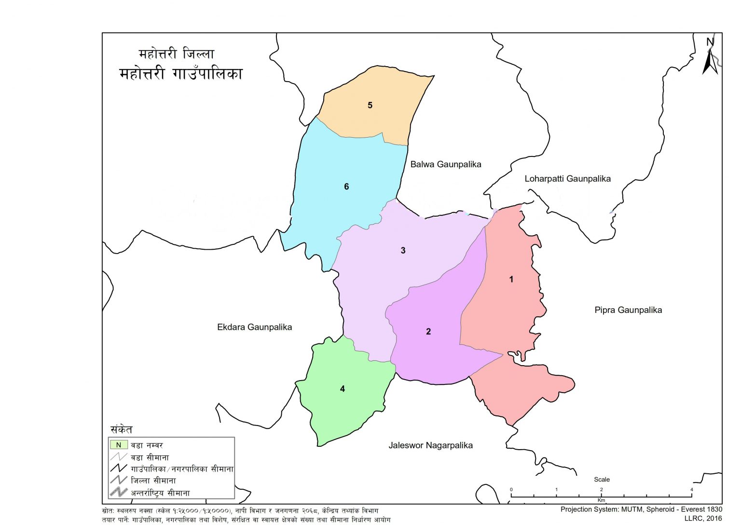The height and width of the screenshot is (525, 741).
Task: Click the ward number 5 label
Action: pyautogui.click(x=370, y=105)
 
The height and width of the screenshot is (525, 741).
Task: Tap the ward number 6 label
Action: pyautogui.click(x=346, y=187)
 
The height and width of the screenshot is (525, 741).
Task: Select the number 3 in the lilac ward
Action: pyautogui.click(x=403, y=251)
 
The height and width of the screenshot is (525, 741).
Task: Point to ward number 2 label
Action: pyautogui.click(x=428, y=332)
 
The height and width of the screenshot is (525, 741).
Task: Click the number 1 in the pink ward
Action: pyautogui.click(x=511, y=280)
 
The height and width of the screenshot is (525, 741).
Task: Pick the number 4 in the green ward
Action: pyautogui.click(x=343, y=389)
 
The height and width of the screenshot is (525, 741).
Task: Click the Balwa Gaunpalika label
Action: pyautogui.click(x=445, y=164)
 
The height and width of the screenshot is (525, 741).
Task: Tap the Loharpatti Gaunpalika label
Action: pyautogui.click(x=567, y=179)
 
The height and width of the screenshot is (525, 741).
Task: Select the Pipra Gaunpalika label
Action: pyautogui.click(x=628, y=310)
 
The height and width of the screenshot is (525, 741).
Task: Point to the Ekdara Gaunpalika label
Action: pyautogui.click(x=254, y=327)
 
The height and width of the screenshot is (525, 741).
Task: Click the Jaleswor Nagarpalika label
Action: pyautogui.click(x=430, y=445)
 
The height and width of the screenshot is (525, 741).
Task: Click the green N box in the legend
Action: pyautogui.click(x=119, y=445)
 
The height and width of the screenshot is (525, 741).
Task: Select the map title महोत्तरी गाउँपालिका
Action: pyautogui.click(x=181, y=74)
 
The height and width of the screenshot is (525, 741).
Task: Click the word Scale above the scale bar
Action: pyautogui.click(x=602, y=480)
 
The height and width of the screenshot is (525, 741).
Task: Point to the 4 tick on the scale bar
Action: pyautogui.click(x=691, y=490)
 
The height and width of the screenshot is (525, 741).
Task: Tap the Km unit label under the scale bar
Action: pyautogui.click(x=601, y=500)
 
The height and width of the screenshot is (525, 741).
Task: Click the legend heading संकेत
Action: pyautogui.click(x=121, y=429)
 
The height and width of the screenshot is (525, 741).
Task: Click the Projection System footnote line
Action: pyautogui.click(x=641, y=509)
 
